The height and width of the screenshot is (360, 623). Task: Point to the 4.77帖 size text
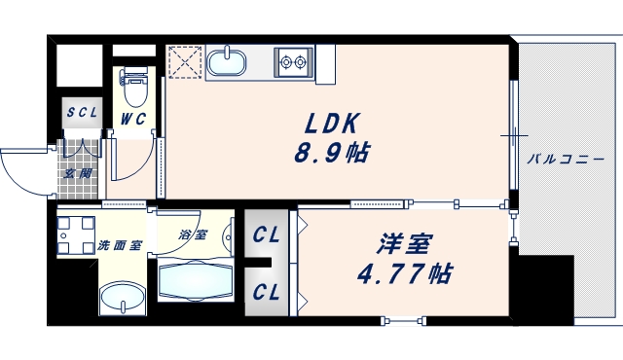pyautogui.click(x=406, y=273)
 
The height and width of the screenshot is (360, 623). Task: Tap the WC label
pyautogui.click(x=133, y=120)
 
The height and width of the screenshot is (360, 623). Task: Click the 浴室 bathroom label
pyautogui.click(x=193, y=234)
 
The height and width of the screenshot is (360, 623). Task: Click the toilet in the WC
pyautogui.click(x=134, y=88)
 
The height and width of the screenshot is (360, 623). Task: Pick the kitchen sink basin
pyautogui.click(x=230, y=62)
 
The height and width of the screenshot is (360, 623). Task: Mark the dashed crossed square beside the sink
pyautogui.click(x=182, y=61)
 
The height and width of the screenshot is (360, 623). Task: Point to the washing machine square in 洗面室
pyautogui.click(x=76, y=231)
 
